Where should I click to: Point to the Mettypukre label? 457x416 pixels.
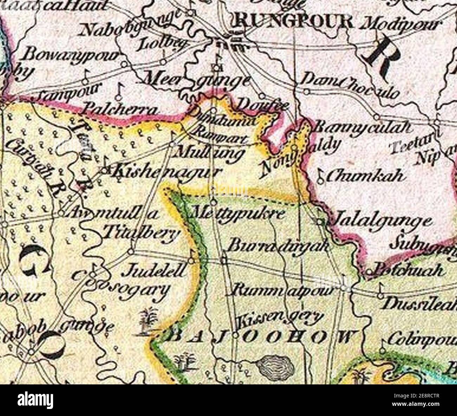[x=237, y=213]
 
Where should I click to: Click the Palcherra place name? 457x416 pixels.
[x=120, y=109]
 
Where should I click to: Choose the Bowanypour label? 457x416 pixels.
[x=72, y=54]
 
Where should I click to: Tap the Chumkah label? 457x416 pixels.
[x=364, y=176]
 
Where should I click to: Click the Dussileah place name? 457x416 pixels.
[x=420, y=304]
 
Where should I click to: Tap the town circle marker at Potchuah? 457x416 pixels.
[x=369, y=272]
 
